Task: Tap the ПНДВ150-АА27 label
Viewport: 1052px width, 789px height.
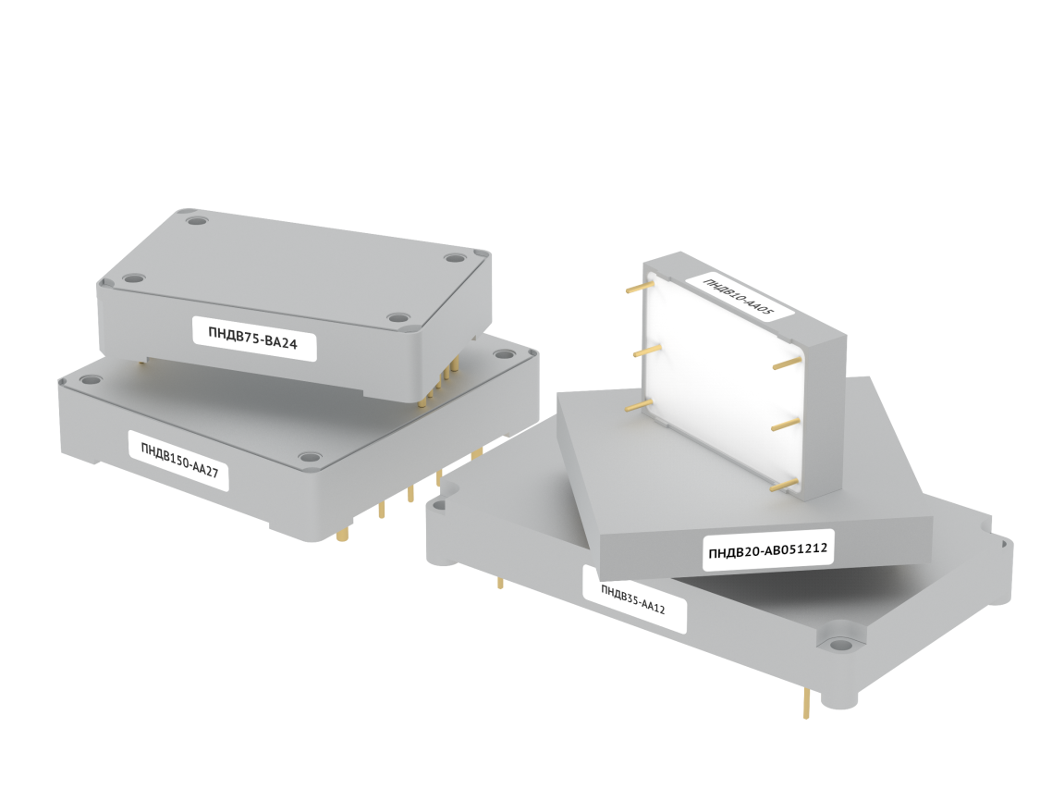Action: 179,461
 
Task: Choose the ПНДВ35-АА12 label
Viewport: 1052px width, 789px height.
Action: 634,599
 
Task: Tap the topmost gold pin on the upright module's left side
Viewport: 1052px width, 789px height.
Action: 640,288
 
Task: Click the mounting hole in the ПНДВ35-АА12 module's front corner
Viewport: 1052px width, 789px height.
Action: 838,645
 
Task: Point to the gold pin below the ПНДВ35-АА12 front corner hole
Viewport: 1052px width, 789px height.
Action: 806,702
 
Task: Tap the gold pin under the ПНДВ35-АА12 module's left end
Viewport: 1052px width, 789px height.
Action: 500,582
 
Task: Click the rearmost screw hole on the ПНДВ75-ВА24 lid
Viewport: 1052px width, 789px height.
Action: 195,220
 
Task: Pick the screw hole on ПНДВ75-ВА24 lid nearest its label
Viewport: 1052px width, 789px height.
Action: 398,317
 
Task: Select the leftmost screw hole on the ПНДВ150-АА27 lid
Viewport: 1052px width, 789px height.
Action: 88,379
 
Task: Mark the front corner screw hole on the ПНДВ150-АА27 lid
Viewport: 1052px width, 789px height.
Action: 309,457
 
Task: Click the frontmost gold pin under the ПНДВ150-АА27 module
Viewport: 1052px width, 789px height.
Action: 344,535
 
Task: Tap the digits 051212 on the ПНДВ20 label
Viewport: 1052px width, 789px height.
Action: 801,549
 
